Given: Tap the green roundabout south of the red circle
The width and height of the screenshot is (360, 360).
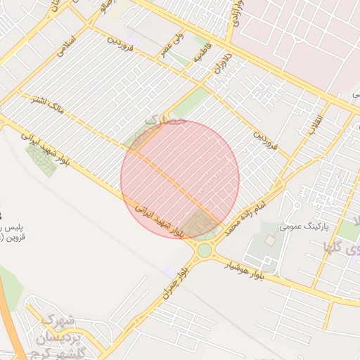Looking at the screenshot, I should pos(204,250).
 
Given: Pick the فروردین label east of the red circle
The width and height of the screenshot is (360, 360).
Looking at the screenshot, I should pos(266,141).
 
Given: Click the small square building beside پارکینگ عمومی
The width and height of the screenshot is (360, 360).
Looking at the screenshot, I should pos(270,240).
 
